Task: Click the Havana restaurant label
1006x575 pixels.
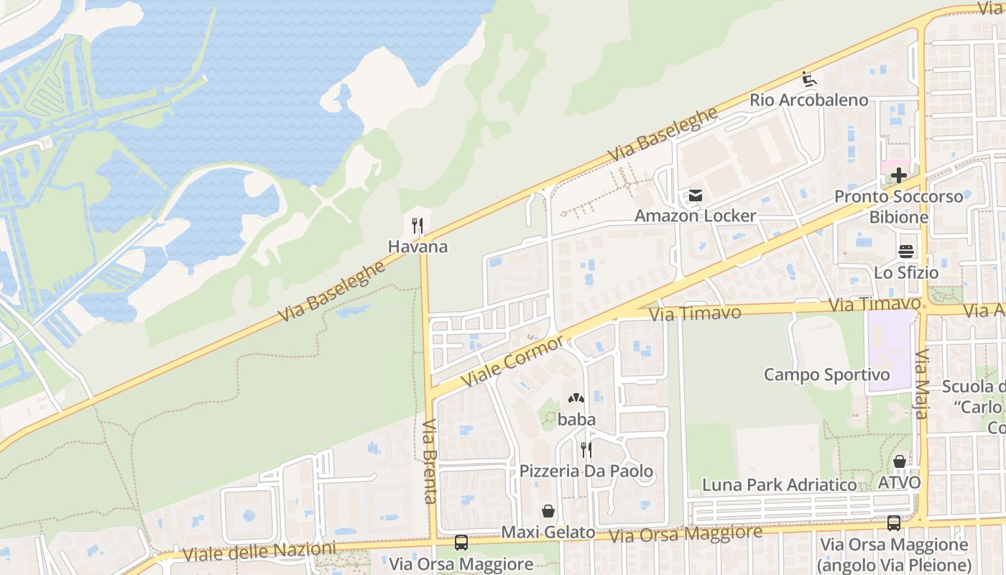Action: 417,247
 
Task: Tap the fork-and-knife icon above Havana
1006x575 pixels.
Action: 417,226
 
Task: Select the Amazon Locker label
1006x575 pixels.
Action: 695,216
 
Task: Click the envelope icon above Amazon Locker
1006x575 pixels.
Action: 695,195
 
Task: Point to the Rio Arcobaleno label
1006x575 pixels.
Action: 809,100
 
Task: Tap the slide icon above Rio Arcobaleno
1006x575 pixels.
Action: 809,78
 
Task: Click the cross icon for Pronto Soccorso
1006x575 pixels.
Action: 898,175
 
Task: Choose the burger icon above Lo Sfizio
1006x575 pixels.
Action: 905,252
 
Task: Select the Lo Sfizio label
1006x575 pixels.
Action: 906,272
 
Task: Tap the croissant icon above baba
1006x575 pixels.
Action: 576,398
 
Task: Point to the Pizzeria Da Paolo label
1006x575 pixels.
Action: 586,471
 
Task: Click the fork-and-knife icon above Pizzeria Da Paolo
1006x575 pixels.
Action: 586,450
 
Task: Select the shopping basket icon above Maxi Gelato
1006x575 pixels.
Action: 548,511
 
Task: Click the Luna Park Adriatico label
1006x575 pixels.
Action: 780,485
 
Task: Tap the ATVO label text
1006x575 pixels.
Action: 899,482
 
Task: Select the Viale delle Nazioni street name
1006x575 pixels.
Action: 259,553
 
